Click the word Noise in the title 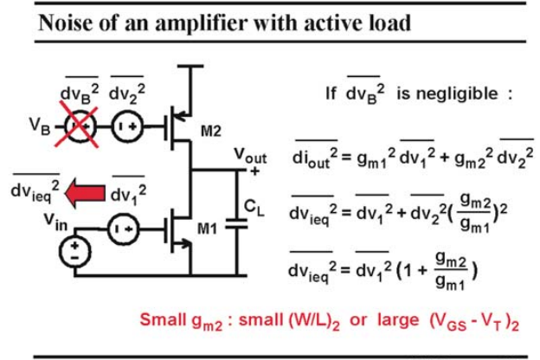66,23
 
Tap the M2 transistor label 211,132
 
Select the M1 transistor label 208,228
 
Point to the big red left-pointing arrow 85,193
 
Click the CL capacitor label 254,208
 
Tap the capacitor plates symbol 236,223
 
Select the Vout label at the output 250,157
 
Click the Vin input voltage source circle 75,252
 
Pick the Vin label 55,222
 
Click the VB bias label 40,126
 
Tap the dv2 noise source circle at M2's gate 128,126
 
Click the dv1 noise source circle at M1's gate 124,228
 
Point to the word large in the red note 398,320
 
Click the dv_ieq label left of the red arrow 35,190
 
